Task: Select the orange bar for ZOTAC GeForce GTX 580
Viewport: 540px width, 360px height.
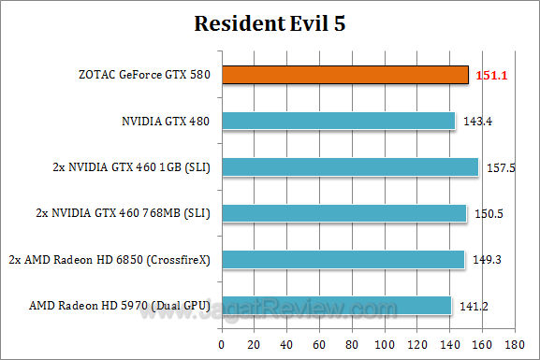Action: pyautogui.click(x=343, y=74)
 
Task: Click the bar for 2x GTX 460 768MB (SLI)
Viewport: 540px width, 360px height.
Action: pyautogui.click(x=343, y=213)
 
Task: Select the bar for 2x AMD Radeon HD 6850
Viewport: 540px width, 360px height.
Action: pyautogui.click(x=342, y=259)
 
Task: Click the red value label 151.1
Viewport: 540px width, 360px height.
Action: pyautogui.click(x=493, y=75)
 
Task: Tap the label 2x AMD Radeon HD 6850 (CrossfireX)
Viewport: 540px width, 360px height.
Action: pyautogui.click(x=109, y=260)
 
